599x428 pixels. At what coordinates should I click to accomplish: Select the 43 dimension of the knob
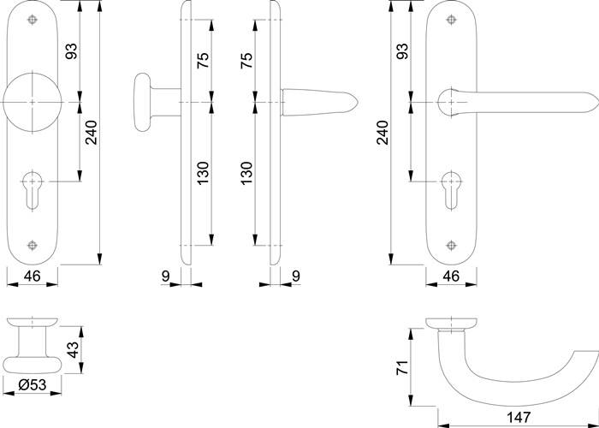coord(73,349)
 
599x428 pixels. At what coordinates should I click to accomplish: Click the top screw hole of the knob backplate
coord(33,20)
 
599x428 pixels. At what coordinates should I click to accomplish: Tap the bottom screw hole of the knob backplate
coord(33,244)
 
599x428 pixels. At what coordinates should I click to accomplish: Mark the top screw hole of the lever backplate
coord(450,20)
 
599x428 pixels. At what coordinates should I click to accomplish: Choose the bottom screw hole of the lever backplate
coord(450,244)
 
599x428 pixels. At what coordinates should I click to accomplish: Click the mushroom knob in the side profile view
coord(147,103)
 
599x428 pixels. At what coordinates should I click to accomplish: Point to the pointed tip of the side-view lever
coord(357,103)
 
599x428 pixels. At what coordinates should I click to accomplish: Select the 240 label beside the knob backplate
coord(88,133)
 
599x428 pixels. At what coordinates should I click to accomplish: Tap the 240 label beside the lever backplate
coord(382,133)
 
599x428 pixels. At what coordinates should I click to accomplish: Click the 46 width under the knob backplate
coord(32,276)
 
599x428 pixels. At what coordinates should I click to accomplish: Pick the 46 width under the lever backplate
coord(451,276)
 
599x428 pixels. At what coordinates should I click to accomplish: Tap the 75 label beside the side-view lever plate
coord(245,62)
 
